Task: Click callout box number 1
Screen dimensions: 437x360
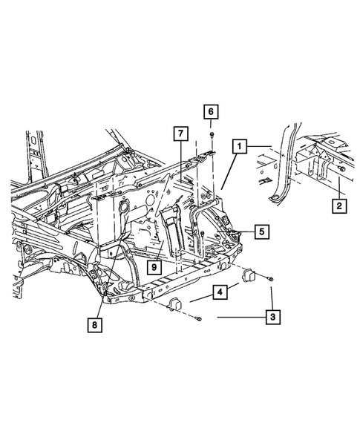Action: pos(238,145)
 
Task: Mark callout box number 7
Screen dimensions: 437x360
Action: pos(180,134)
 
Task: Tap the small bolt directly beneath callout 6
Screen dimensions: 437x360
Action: pos(212,134)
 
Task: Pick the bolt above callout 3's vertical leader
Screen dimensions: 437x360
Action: pos(270,280)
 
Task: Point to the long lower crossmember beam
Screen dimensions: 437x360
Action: pos(178,277)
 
